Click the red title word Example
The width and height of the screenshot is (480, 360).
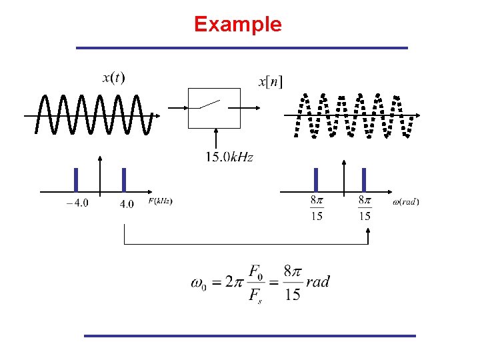click(238, 25)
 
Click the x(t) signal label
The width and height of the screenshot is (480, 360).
click(113, 78)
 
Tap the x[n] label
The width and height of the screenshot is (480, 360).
click(270, 82)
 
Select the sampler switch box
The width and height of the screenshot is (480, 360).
click(214, 107)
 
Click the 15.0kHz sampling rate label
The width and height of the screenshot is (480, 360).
click(229, 157)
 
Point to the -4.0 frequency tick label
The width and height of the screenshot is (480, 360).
click(77, 203)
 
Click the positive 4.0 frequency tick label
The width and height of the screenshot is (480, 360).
click(127, 203)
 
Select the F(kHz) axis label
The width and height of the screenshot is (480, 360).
click(160, 201)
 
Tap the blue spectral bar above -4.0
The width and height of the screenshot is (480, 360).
click(76, 179)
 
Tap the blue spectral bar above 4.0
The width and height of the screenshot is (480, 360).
click(124, 179)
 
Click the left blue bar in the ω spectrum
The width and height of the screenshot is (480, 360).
click(316, 179)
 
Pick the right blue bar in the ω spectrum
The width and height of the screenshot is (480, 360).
click(364, 179)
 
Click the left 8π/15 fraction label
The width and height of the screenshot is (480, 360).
click(317, 207)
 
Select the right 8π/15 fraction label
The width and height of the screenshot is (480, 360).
click(365, 207)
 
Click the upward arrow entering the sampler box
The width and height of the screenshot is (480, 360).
click(215, 139)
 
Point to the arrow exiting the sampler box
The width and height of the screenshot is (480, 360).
click(250, 107)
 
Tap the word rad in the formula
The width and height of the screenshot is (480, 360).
click(318, 281)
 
